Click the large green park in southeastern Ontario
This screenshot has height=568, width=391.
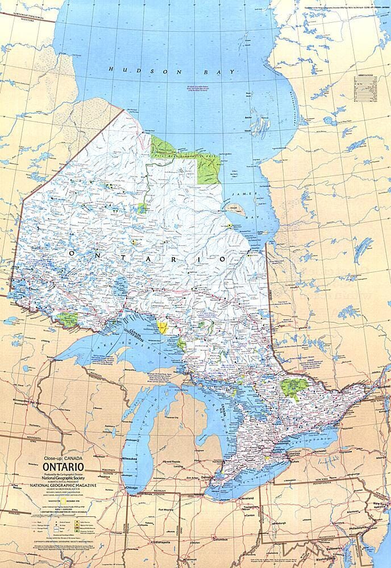click(x=293, y=388)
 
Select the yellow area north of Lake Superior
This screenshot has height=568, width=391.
click(x=163, y=327)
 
